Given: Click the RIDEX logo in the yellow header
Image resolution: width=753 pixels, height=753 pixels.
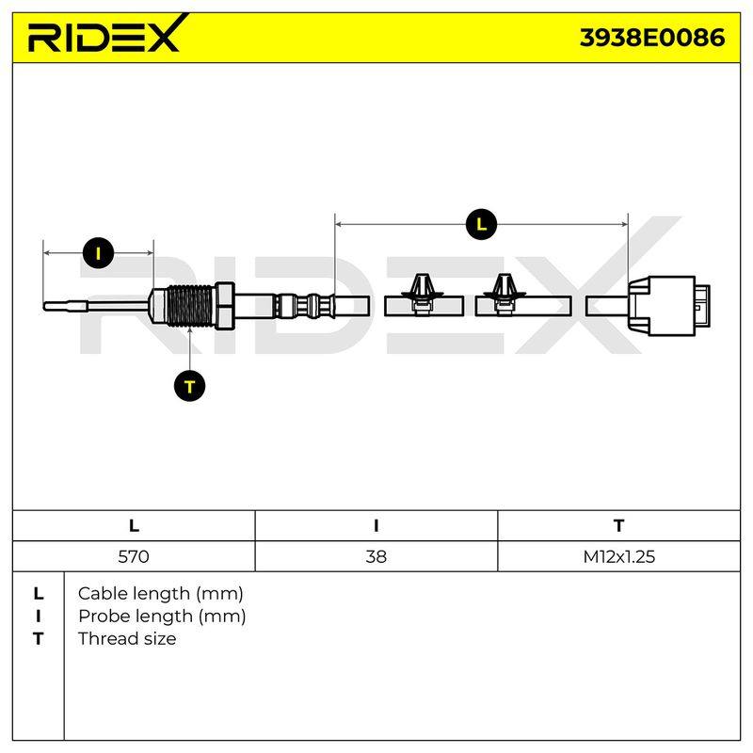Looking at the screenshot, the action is (104, 34).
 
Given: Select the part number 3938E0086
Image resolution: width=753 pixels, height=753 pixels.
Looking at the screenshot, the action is (652, 38).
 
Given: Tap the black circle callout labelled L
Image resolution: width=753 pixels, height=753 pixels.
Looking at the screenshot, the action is (481, 224).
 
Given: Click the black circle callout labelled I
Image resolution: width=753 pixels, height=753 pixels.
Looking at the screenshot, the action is (99, 253).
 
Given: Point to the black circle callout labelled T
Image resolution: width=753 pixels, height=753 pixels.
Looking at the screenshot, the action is (190, 386).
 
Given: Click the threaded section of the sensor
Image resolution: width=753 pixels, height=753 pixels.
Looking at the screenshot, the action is (190, 306).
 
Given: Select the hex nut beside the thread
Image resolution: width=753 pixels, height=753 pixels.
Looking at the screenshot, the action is (224, 306).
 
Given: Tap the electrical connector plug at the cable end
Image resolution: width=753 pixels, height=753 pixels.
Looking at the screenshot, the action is (669, 306).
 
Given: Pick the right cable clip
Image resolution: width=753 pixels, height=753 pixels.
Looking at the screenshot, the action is (504, 295).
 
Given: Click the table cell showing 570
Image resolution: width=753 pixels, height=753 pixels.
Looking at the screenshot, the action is (134, 556).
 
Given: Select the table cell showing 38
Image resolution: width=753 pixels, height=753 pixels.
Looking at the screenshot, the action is (376, 556).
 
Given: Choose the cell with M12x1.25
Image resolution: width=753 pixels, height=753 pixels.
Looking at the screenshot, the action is (619, 556).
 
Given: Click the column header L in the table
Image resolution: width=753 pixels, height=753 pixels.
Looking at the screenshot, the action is (134, 526).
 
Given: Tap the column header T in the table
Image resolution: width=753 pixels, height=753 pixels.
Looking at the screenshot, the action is (619, 526).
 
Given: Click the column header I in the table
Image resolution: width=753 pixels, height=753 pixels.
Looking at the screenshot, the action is (376, 526).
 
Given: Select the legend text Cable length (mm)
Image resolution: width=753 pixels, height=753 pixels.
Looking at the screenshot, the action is (160, 594).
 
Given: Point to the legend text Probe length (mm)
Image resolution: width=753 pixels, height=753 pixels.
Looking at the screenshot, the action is (162, 617).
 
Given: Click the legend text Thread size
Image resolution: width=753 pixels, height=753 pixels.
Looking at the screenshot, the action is (127, 639).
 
